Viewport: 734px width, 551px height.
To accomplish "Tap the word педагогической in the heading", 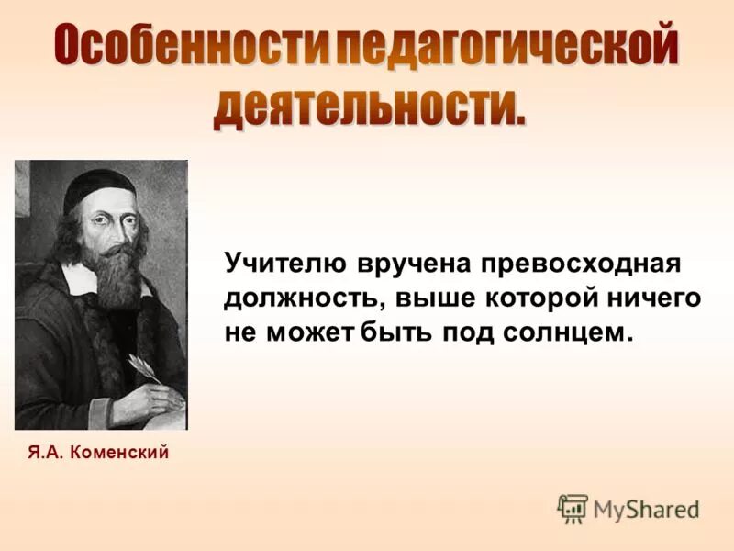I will (504, 46).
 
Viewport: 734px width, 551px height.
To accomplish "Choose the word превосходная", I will (575, 264).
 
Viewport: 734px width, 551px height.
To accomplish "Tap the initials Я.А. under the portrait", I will (45, 452).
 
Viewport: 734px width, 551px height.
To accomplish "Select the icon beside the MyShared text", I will (573, 508).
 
